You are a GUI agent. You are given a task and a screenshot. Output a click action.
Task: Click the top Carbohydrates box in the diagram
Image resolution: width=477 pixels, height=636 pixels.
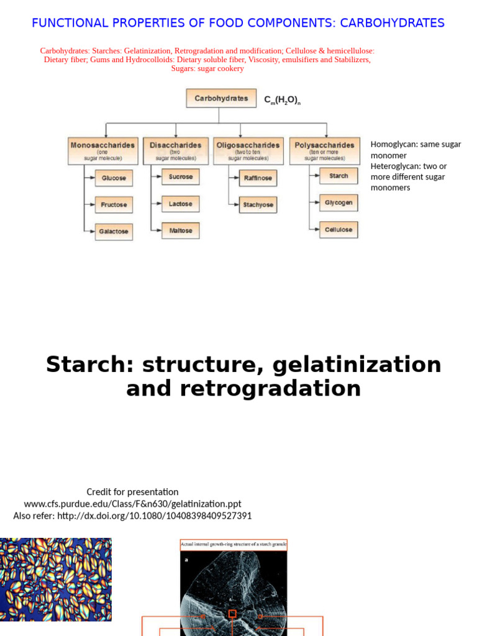[221, 98]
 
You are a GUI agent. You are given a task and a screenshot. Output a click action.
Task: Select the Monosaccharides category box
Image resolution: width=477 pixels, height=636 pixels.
[102, 151]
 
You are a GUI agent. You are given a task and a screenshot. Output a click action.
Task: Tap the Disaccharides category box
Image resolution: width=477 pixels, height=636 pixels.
[176, 151]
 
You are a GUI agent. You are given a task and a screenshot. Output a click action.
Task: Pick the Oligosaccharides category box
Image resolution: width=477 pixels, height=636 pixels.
[248, 151]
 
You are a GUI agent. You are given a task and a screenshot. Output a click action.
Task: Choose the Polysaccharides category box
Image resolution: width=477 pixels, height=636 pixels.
[324, 151]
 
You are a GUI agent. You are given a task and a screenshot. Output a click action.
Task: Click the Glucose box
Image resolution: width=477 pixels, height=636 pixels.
[114, 178]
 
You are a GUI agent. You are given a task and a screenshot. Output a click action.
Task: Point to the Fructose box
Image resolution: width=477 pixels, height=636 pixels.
[114, 204]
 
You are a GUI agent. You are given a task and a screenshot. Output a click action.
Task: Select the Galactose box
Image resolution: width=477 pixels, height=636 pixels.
[114, 231]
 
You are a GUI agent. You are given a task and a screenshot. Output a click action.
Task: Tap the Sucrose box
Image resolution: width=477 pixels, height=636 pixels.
[181, 177]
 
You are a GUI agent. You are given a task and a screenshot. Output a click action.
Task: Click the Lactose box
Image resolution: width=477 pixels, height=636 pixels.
[181, 204]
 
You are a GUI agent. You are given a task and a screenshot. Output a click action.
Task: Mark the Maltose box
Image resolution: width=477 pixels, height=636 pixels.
[181, 230]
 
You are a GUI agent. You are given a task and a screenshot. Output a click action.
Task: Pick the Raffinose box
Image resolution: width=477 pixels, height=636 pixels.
[258, 178]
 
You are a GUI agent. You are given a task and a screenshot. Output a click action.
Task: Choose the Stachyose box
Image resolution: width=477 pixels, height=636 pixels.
[258, 205]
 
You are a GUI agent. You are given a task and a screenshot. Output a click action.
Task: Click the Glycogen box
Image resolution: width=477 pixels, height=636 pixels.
[338, 202]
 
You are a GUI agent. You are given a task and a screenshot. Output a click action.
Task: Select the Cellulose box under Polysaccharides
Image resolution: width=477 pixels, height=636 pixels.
[338, 230]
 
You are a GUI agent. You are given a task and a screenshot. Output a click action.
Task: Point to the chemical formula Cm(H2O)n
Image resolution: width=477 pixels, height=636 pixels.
[282, 100]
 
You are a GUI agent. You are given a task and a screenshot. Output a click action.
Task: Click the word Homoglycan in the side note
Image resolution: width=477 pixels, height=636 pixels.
[394, 145]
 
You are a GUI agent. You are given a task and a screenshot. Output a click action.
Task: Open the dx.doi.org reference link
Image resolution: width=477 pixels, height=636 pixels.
[154, 516]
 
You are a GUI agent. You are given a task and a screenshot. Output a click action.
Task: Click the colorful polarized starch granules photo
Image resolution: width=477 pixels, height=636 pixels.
[56, 579]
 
